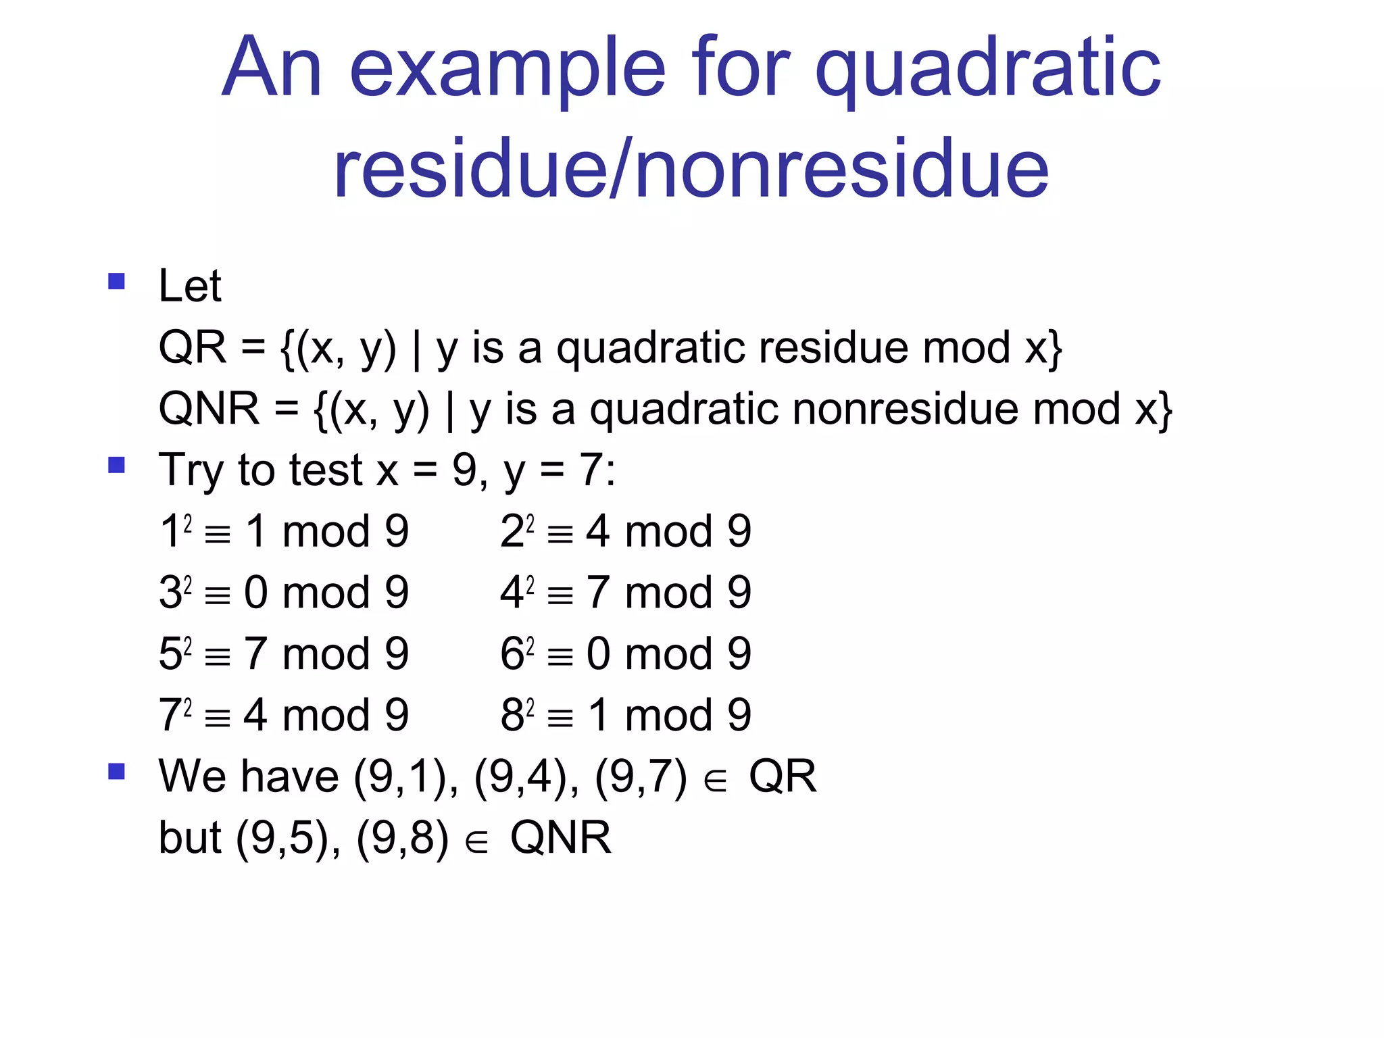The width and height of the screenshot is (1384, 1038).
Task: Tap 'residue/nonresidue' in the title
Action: point(691,169)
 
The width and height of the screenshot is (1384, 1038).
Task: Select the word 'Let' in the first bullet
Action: point(190,286)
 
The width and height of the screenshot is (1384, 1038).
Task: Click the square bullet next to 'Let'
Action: point(117,281)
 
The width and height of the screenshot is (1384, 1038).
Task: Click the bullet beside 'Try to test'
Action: point(117,465)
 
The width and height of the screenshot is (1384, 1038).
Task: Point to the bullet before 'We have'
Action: point(117,771)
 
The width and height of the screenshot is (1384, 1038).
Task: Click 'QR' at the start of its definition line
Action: point(192,347)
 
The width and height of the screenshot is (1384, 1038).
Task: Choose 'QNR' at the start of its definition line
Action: point(209,409)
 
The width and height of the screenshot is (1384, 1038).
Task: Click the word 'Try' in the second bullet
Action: point(191,471)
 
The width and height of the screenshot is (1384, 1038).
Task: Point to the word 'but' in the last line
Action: point(190,838)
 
